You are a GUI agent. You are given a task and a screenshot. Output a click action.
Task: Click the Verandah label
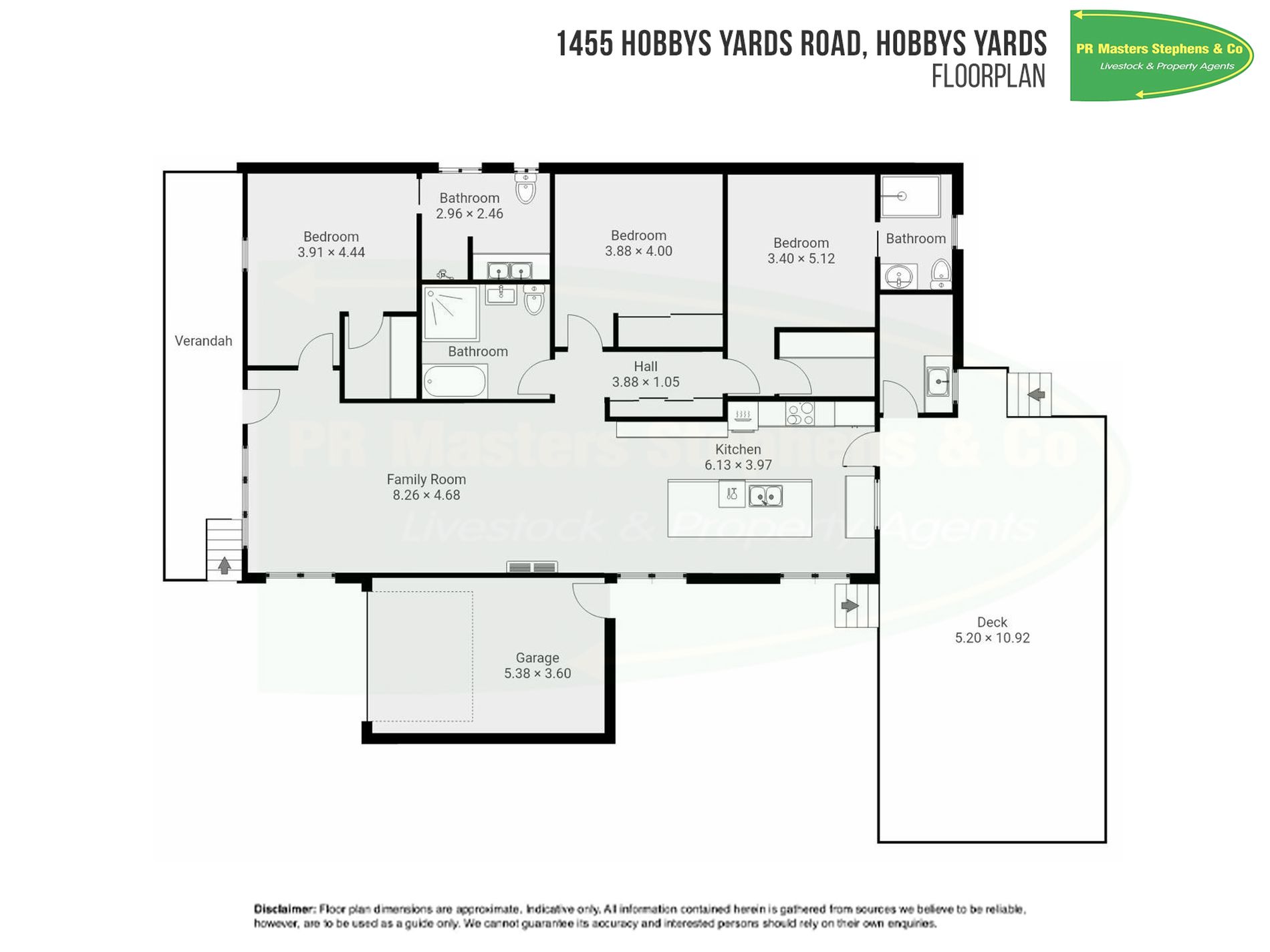(203, 341)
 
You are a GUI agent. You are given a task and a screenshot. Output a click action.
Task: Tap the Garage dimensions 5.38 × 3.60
(537, 673)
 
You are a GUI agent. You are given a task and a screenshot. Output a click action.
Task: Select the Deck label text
(992, 622)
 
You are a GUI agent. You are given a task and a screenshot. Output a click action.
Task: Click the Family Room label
(426, 479)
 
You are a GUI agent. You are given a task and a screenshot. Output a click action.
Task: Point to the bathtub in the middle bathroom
(455, 381)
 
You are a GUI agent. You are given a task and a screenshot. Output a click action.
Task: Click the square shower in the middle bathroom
(451, 313)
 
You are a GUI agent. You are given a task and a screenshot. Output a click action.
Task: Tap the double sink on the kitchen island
(765, 496)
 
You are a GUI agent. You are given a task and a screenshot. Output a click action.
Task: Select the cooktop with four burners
(799, 414)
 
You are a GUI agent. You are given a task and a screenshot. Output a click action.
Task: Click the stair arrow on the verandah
(225, 565)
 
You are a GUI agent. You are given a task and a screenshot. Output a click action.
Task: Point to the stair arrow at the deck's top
(1036, 395)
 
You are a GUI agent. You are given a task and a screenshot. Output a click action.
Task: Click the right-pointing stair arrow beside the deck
(850, 606)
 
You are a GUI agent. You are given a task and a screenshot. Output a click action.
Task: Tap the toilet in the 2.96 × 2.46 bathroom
(526, 189)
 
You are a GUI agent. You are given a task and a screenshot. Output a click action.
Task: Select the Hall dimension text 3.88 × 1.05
(646, 382)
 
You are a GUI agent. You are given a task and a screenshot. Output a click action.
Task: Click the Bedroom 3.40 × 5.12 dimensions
(801, 259)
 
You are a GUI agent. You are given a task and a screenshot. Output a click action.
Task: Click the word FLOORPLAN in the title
(988, 76)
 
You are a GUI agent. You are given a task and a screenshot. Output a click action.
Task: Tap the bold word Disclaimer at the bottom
(284, 909)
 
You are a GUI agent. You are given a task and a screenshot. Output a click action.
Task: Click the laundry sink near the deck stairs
(938, 381)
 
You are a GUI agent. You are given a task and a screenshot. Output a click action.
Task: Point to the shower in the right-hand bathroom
(910, 196)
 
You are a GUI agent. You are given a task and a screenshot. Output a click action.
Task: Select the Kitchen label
(738, 449)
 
